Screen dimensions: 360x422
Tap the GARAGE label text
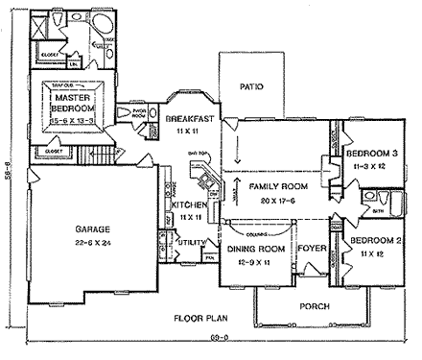(92, 229)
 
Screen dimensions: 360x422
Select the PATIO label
(251, 86)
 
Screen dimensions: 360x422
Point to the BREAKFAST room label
(188, 118)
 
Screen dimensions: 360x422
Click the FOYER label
(312, 250)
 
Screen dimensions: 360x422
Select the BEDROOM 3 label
(372, 153)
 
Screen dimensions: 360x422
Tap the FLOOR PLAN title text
(199, 318)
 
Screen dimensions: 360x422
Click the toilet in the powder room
(134, 113)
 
